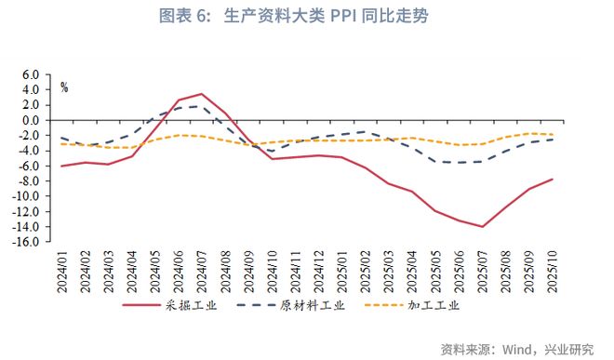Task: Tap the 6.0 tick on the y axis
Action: pyautogui.click(x=30, y=74)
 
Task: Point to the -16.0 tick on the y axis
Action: pyautogui.click(x=27, y=242)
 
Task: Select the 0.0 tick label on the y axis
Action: pyautogui.click(x=30, y=120)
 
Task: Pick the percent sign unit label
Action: pyautogui.click(x=64, y=88)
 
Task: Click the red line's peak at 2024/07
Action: pyautogui.click(x=202, y=94)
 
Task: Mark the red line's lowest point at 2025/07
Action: pyautogui.click(x=483, y=226)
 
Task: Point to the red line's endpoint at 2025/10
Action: pyautogui.click(x=554, y=179)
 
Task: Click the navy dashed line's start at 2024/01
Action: pyautogui.click(x=61, y=138)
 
